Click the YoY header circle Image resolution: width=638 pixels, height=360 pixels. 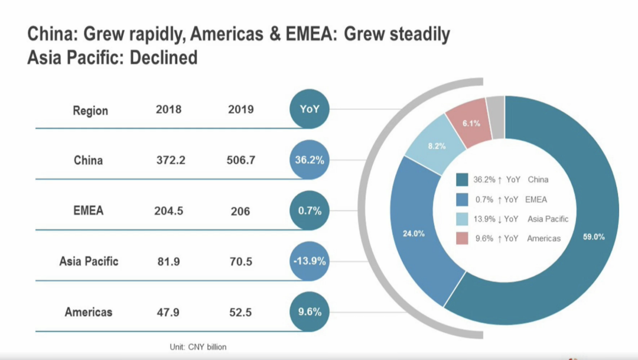coord(309,109)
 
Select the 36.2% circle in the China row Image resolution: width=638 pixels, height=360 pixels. coord(309,160)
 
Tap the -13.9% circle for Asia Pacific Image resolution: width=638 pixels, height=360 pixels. coord(309,261)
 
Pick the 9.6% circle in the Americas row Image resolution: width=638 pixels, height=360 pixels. coord(309,312)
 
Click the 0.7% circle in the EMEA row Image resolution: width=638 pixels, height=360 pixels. coord(309,210)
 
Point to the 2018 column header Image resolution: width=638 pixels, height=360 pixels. coord(168,109)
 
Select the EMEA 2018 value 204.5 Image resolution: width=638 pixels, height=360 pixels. coord(168,210)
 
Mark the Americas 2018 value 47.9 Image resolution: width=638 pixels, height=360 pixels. coord(168,312)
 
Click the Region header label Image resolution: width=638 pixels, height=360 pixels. coord(90,111)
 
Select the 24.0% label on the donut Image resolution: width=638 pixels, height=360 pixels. coord(414,233)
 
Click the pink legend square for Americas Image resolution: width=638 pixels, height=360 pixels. coord(463,238)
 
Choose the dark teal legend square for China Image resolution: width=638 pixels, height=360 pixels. coord(463,179)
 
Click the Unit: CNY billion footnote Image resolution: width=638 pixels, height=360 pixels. coord(198,347)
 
